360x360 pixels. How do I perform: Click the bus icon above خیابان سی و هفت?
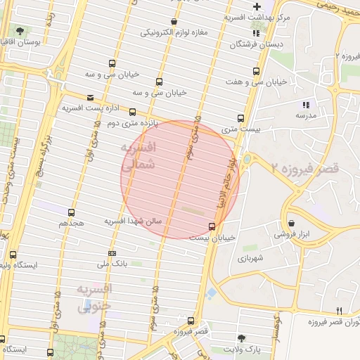click(x=256, y=71)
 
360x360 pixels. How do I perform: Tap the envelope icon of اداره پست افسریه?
click(x=89, y=98)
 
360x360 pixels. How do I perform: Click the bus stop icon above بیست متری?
click(x=241, y=118)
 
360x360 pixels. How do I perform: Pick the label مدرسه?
click(x=305, y=115)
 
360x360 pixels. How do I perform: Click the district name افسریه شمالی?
click(x=138, y=157)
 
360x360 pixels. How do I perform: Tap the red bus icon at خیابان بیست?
click(x=212, y=226)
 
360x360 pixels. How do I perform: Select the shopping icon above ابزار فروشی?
click(x=291, y=224)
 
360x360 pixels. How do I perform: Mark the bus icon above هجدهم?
click(x=71, y=212)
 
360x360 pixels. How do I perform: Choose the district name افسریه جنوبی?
click(x=94, y=298)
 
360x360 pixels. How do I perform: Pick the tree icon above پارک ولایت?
click(x=242, y=338)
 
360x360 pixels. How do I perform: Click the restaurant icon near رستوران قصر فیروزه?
click(x=340, y=311)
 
